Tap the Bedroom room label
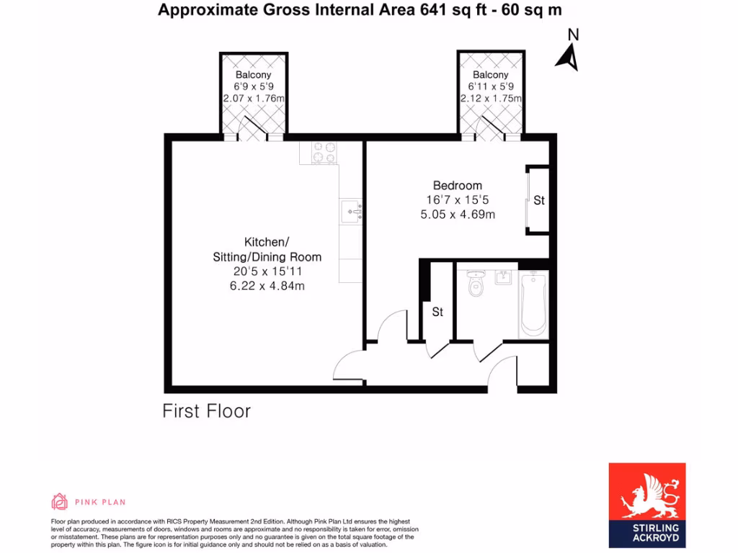click(x=457, y=185)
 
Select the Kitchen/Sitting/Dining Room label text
click(x=267, y=249)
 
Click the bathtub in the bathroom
click(x=533, y=303)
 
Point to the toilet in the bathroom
click(x=476, y=285)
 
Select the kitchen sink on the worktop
click(x=351, y=210)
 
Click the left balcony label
click(x=254, y=75)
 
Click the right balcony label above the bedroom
click(x=491, y=75)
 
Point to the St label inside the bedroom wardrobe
click(x=539, y=201)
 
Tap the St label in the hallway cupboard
click(x=437, y=313)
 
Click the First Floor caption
click(x=206, y=411)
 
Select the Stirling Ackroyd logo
click(x=647, y=505)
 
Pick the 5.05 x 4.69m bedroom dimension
click(x=457, y=214)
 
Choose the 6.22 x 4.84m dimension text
click(x=267, y=285)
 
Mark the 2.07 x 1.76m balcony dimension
click(x=254, y=99)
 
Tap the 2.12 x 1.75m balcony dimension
click(x=491, y=99)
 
